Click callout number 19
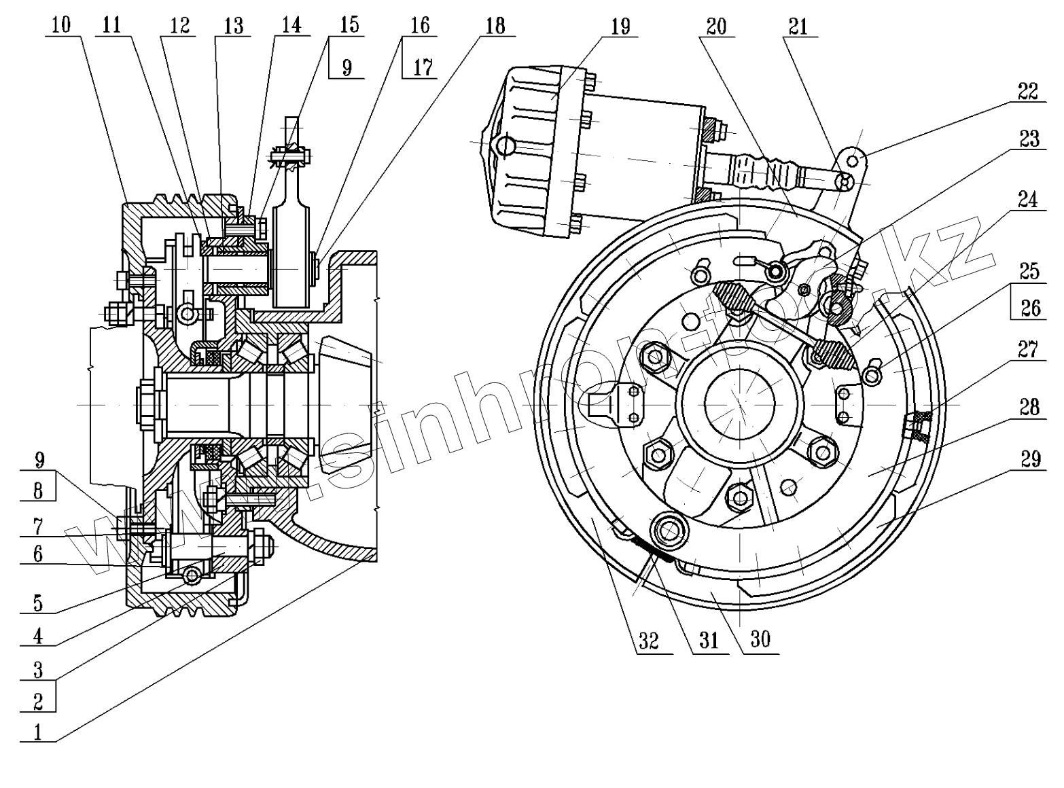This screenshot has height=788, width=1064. (620, 26)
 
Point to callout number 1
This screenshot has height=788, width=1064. (38, 732)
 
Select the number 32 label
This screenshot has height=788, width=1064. (649, 641)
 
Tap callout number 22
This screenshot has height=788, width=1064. (1029, 91)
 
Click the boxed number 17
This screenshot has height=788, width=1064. (422, 67)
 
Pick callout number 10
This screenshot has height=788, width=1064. (60, 25)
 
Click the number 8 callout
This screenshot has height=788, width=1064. (38, 490)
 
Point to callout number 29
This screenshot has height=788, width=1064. (1030, 459)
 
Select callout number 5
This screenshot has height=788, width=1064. (38, 602)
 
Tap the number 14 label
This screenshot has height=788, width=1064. (291, 25)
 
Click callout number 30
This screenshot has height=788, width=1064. (760, 639)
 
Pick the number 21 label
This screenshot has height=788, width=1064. (798, 26)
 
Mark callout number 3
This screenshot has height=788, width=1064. (38, 670)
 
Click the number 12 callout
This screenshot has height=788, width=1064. (179, 25)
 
